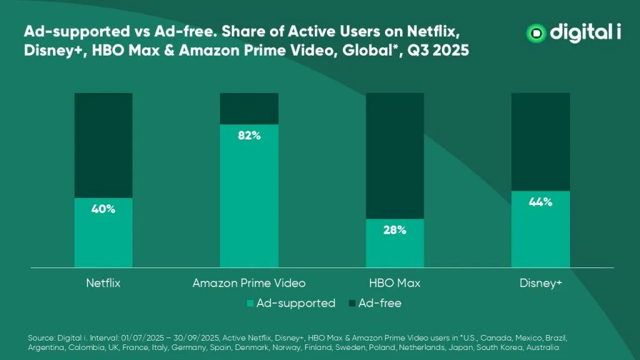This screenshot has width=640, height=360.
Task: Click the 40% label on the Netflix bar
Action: [103, 209]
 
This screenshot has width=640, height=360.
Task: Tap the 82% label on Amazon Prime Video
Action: [249, 136]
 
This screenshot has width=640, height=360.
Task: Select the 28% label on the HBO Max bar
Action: [394, 230]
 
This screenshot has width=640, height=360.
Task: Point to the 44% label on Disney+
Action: [540, 202]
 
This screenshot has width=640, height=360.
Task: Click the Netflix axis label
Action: [103, 283]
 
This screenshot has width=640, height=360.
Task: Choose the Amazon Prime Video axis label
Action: [249, 283]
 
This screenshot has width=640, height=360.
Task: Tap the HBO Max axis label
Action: [394, 283]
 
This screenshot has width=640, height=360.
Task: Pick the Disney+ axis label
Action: [541, 283]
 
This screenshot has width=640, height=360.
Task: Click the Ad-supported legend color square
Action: [251, 304]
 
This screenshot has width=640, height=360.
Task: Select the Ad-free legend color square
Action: [352, 304]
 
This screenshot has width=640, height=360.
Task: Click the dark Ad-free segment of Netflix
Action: [103, 145]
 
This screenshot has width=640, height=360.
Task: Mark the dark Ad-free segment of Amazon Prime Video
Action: [249, 108]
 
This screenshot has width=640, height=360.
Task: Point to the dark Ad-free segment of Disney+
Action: [540, 141]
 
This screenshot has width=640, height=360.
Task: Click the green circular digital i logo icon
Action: [536, 33]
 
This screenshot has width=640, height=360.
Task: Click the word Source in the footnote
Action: [39, 337]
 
